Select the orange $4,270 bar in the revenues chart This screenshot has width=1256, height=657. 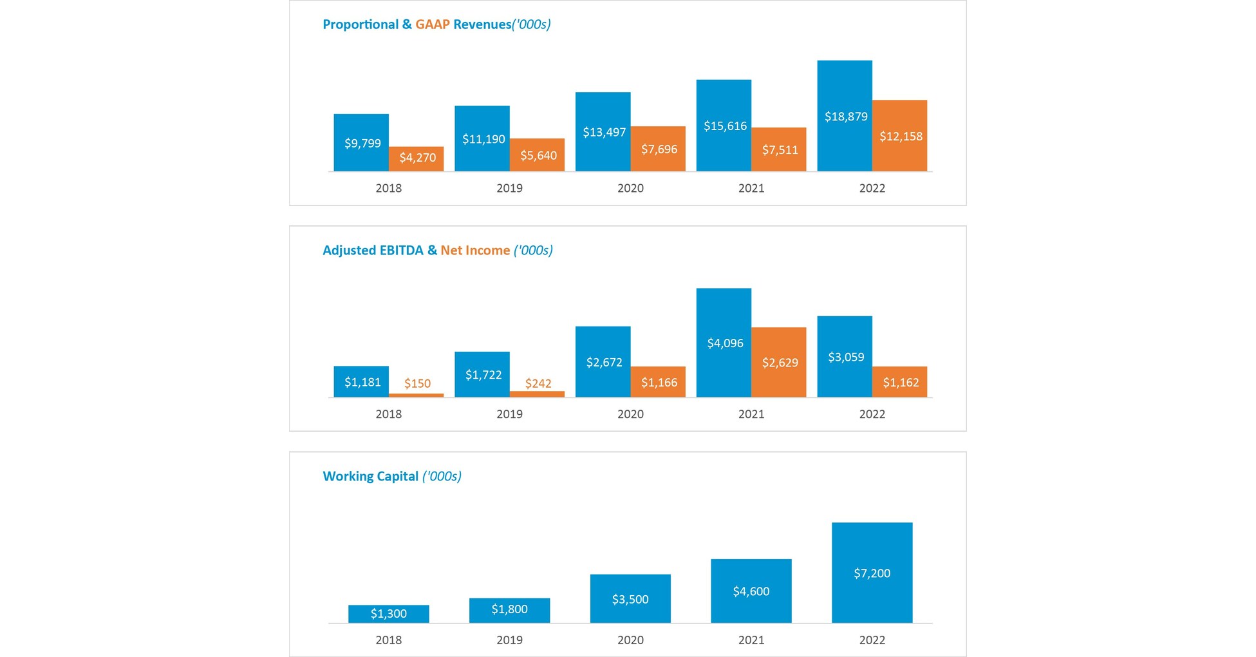click(416, 158)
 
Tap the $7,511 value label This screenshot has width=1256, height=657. click(780, 150)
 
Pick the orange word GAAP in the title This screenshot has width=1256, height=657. click(432, 24)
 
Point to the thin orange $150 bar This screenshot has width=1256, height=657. click(416, 395)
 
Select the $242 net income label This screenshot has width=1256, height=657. click(538, 384)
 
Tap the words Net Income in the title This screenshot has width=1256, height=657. click(475, 251)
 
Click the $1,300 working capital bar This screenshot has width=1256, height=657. click(388, 614)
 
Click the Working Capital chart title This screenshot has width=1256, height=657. click(391, 477)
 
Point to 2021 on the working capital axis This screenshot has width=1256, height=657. click(751, 640)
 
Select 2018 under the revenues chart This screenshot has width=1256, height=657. click(388, 188)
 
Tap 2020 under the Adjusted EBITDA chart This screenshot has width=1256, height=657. click(630, 414)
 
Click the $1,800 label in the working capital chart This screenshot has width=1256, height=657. click(509, 609)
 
